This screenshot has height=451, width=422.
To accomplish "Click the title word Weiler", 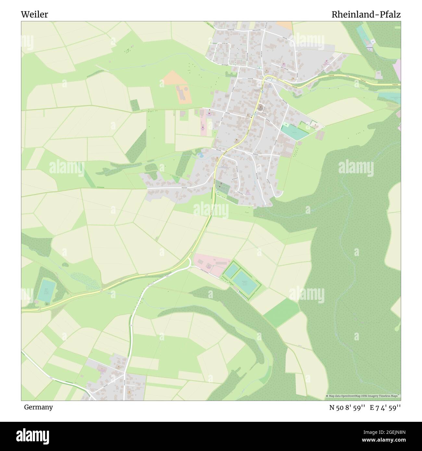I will tap(34, 15).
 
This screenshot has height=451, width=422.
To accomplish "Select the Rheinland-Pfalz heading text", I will tap(366, 15).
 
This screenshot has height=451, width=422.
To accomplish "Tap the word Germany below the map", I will tap(38, 407).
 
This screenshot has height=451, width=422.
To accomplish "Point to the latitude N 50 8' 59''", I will tap(348, 408).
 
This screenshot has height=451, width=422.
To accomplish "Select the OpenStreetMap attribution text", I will tap(363, 396).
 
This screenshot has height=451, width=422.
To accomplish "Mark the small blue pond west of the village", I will tap(201, 155).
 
